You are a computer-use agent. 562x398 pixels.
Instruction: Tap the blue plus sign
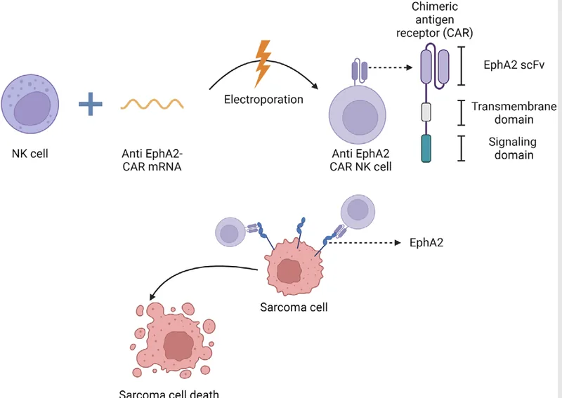[90, 105]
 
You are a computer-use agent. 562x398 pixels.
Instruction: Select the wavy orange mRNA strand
[152, 104]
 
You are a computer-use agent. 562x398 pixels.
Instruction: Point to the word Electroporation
[263, 99]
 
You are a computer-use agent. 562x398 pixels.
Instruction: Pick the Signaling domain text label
[511, 149]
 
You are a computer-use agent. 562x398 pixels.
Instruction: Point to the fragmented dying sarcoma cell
[174, 338]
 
